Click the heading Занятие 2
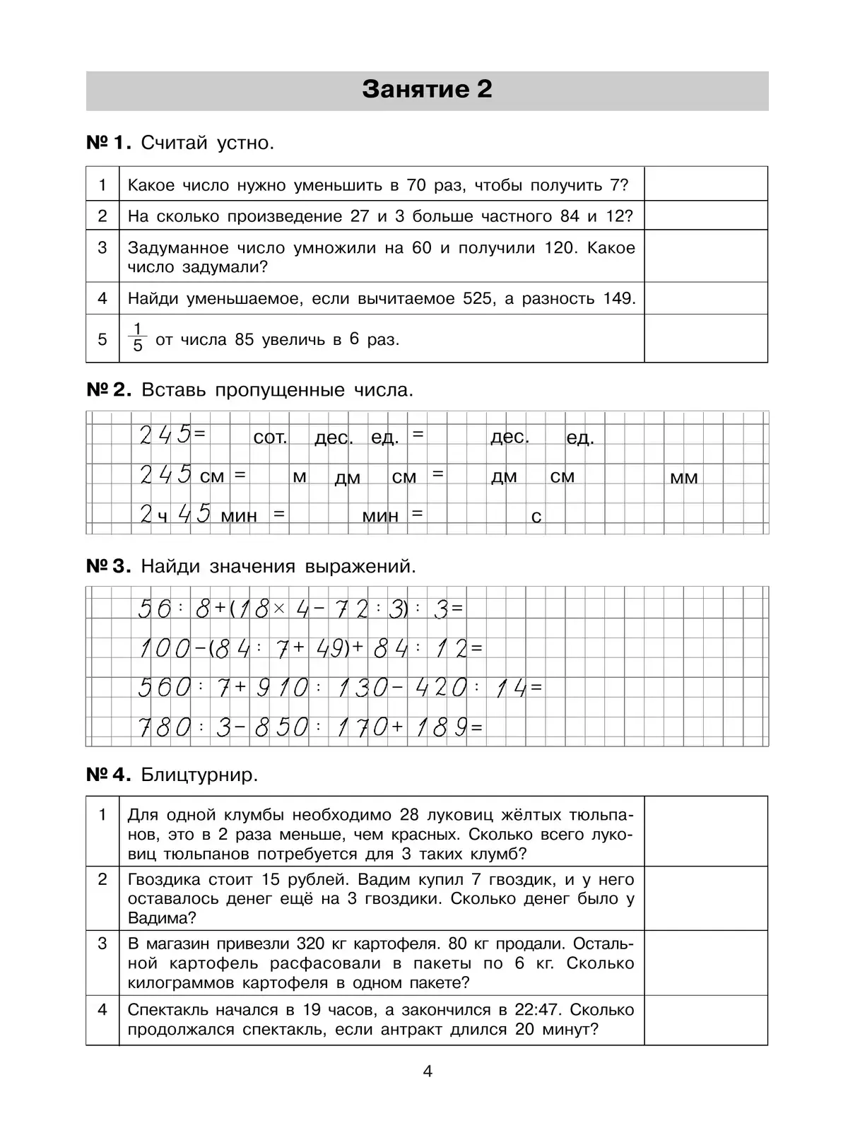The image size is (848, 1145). pos(427,90)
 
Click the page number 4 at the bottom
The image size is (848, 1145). pos(427,1071)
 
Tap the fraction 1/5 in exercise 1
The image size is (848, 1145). pos(138,338)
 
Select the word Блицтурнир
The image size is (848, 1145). pos(200,775)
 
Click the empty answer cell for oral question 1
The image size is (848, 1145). pos(705,184)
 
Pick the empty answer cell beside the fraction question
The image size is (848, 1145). pos(705,339)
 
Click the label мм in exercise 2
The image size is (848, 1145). pos(683,478)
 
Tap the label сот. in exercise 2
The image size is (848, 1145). pos(270,438)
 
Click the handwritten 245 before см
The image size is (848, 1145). pos(165,474)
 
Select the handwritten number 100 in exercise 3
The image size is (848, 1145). pos(164,647)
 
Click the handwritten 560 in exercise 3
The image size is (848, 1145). pos(164,687)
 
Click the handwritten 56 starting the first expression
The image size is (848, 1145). pos(155,608)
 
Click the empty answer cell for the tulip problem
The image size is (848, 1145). pos(705,831)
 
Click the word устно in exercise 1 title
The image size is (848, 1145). pos(244,143)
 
